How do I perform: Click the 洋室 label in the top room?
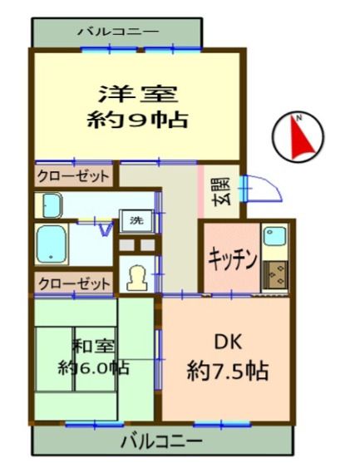pyautogui.click(x=138, y=94)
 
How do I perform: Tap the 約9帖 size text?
pyautogui.click(x=137, y=120)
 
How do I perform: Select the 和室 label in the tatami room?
pyautogui.click(x=93, y=346)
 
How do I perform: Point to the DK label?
pyautogui.click(x=228, y=342)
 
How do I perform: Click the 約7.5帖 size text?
pyautogui.click(x=228, y=371)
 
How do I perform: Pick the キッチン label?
pyautogui.click(x=232, y=259)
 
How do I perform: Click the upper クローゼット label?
pyautogui.click(x=73, y=176)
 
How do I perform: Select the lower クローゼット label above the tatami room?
pyautogui.click(x=74, y=283)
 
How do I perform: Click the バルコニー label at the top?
pyautogui.click(x=118, y=31)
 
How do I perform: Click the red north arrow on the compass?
pyautogui.click(x=302, y=137)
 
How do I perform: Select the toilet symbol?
pyautogui.click(x=137, y=278)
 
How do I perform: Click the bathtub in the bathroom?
pyautogui.click(x=51, y=244)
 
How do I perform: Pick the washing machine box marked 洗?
pyautogui.click(x=136, y=220)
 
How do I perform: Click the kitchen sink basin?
pyautogui.click(x=274, y=235)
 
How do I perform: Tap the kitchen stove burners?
pyautogui.click(x=275, y=274)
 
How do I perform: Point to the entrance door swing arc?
pyautogui.click(x=266, y=186)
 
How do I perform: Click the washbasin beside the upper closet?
pyautogui.click(x=52, y=205)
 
